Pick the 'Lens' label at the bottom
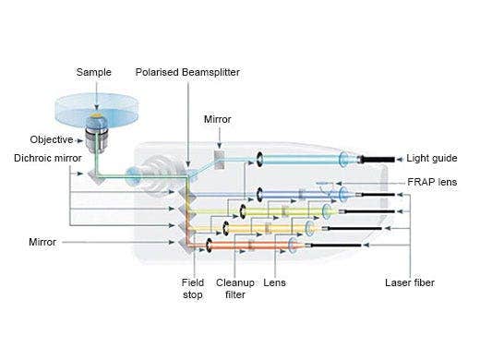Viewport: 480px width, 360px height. click(274, 282)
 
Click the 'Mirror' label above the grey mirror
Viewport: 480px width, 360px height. click(218, 119)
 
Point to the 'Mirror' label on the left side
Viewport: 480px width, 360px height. click(42, 242)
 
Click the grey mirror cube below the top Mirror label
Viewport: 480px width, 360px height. click(219, 159)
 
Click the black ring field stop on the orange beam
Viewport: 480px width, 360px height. click(210, 246)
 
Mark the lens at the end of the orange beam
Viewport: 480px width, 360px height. click(294, 245)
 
